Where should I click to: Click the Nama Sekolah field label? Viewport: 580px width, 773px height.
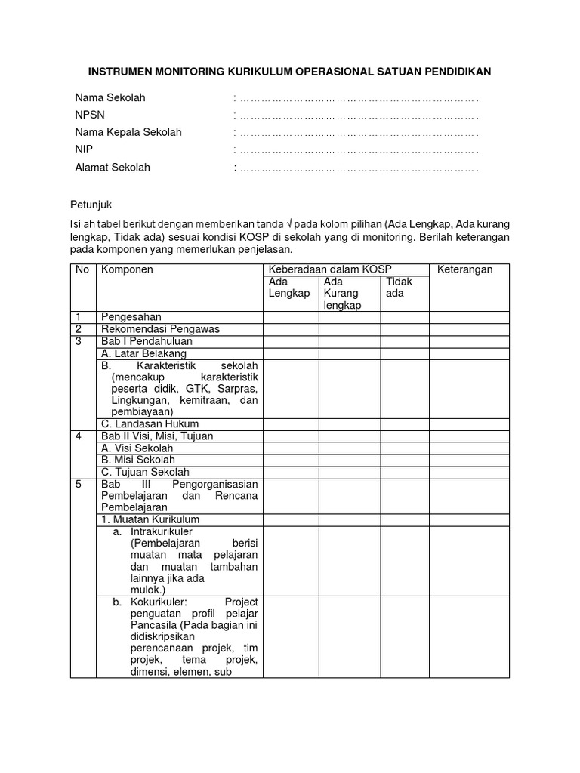(110, 98)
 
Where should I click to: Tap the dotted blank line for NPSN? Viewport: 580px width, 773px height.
(356, 115)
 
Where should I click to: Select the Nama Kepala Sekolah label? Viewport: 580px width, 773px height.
(128, 133)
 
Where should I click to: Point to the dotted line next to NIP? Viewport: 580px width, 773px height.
(356, 150)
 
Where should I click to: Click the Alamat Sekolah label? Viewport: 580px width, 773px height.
(112, 168)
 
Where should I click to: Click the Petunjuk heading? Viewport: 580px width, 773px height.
(91, 205)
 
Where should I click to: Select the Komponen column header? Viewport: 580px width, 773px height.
(128, 269)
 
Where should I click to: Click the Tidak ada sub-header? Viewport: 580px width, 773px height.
(399, 288)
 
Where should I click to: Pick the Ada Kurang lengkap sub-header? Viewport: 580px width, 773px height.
(342, 293)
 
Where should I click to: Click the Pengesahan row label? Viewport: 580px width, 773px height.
(131, 316)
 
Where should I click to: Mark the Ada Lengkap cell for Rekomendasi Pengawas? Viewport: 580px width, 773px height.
(291, 328)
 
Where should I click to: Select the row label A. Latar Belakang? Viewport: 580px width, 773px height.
(143, 353)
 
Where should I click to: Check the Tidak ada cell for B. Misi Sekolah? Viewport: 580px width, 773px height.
(405, 460)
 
